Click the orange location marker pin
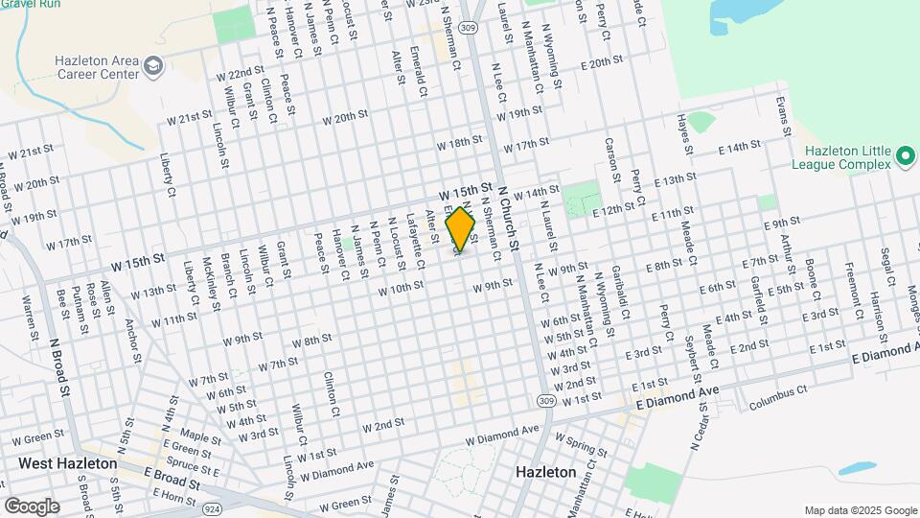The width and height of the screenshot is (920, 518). point(461,230)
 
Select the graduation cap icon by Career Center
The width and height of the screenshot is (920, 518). point(155,66)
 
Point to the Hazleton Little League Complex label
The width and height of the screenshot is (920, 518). point(847,160)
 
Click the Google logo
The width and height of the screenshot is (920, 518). point(31,506)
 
